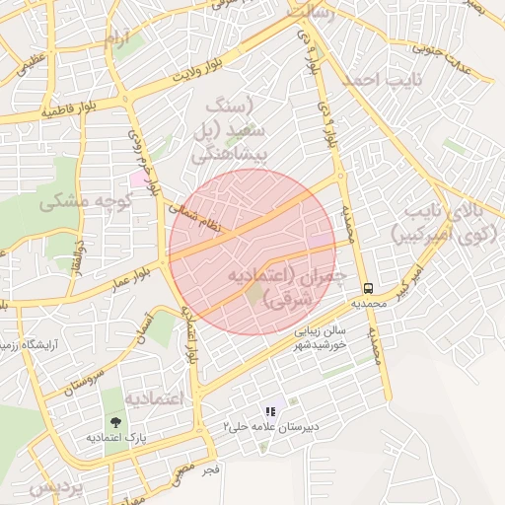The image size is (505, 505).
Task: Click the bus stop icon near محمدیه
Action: tap(368, 288)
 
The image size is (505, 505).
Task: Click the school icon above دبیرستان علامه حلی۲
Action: tap(268, 411)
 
